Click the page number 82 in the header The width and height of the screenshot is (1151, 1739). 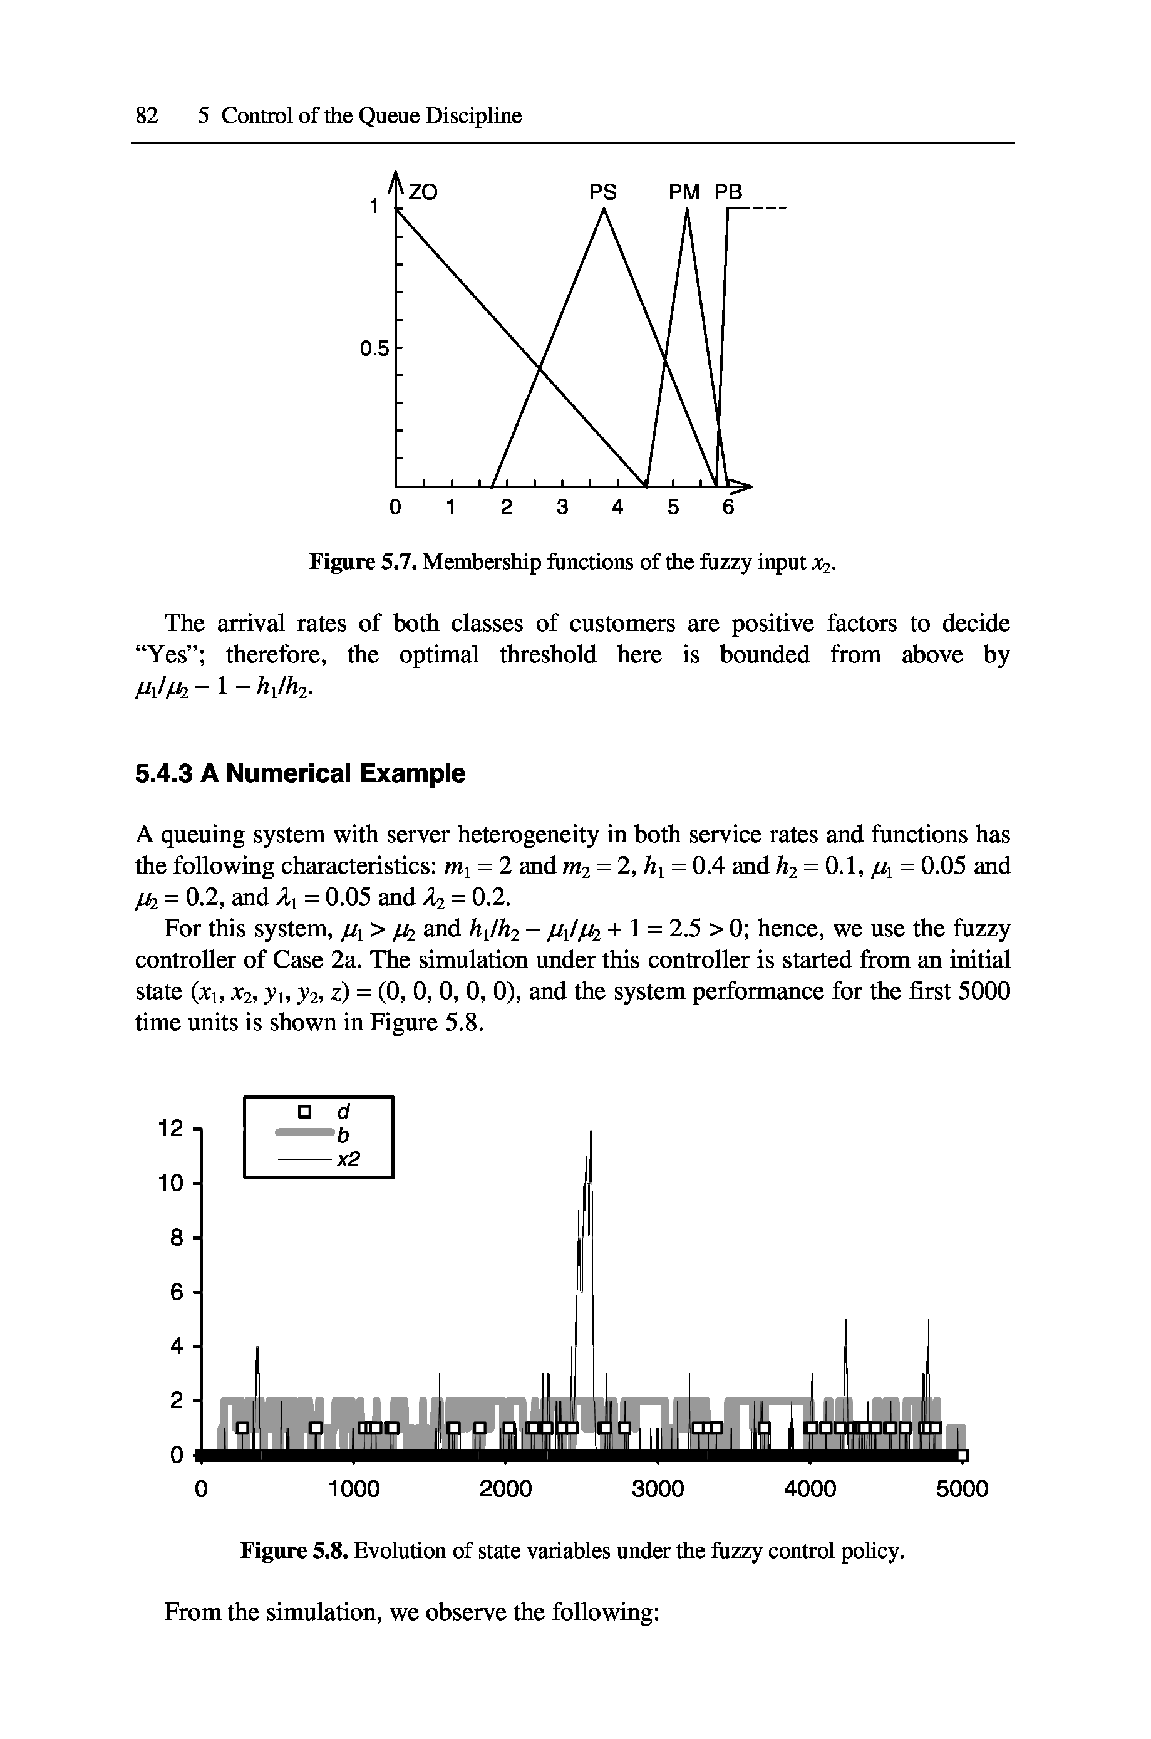click(147, 115)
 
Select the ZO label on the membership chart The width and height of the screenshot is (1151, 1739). click(423, 192)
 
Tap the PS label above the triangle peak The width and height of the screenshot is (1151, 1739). click(604, 192)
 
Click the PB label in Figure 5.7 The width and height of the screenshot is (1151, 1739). click(729, 192)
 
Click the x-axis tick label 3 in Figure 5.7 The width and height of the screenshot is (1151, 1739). click(562, 508)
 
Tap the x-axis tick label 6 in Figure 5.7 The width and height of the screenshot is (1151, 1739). click(728, 508)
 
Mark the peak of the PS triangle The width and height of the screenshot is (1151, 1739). click(604, 210)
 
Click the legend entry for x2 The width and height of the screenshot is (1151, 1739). click(323, 1159)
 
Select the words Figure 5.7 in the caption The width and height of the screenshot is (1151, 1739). click(363, 561)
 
